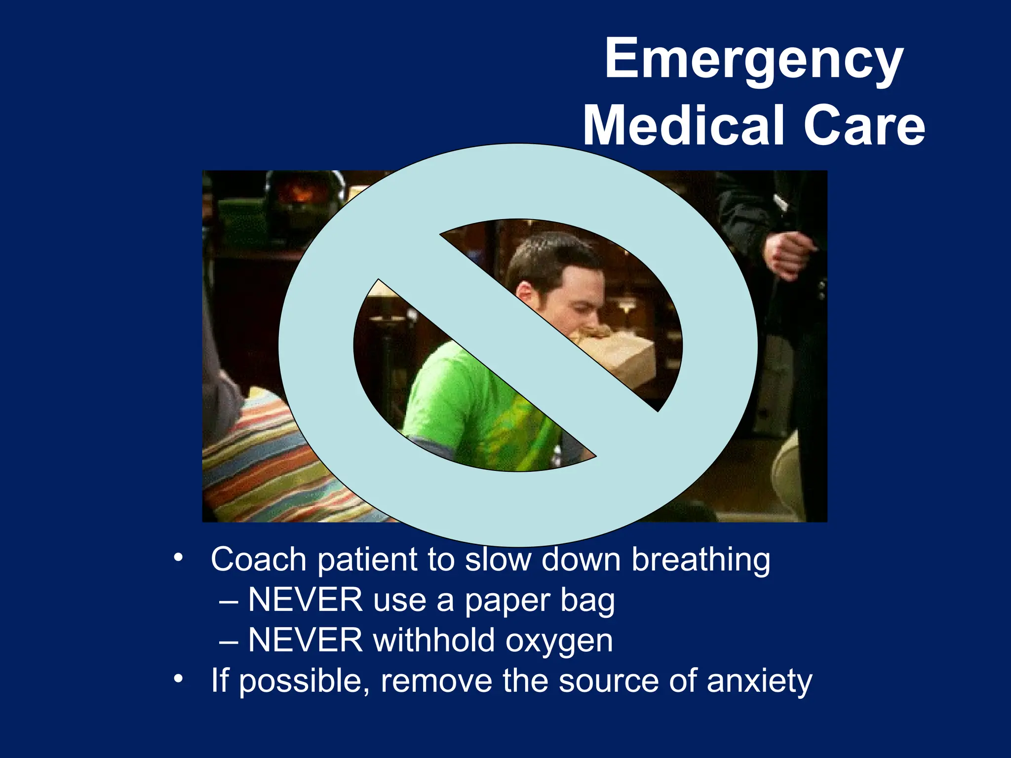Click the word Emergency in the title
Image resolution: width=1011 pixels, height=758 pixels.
tap(754, 60)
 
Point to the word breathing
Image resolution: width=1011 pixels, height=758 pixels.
tap(701, 561)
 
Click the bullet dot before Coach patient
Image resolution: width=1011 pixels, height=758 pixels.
tap(178, 558)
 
